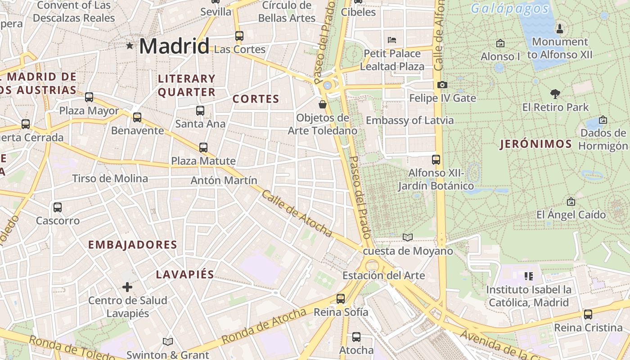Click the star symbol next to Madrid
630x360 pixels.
pyautogui.click(x=130, y=45)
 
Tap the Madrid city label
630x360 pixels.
pyautogui.click(x=174, y=46)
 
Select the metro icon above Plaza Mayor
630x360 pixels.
pyautogui.click(x=89, y=97)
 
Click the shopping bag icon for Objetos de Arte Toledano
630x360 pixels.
pyautogui.click(x=323, y=104)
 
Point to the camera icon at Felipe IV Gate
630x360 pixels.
pyautogui.click(x=442, y=85)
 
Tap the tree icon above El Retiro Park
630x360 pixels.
pyautogui.click(x=555, y=94)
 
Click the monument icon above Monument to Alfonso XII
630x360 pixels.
pyautogui.click(x=560, y=29)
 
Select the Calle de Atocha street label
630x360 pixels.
pyautogui.click(x=297, y=213)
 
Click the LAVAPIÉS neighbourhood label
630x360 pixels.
pyautogui.click(x=185, y=274)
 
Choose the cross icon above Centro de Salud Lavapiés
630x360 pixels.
pyautogui.click(x=127, y=287)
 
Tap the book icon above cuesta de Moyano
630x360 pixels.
pyautogui.click(x=408, y=237)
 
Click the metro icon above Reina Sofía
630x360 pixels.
pyautogui.click(x=341, y=298)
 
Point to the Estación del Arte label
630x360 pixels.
pyautogui.click(x=383, y=275)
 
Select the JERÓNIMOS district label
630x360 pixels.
pyautogui.click(x=536, y=144)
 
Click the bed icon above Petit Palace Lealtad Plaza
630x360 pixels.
pyautogui.click(x=392, y=40)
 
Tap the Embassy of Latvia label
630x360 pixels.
pyautogui.click(x=409, y=121)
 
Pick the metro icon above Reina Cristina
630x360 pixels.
pyautogui.click(x=588, y=314)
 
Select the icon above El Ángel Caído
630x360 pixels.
pyautogui.click(x=571, y=201)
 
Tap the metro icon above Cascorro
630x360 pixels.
pyautogui.click(x=58, y=207)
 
